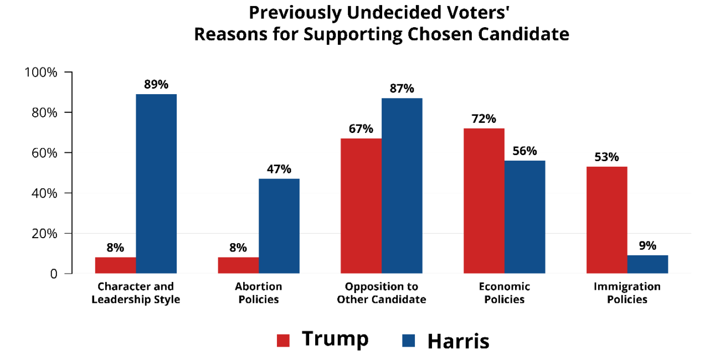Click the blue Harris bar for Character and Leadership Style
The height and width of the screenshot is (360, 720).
pyautogui.click(x=156, y=183)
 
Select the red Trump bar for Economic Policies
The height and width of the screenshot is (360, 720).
pyautogui.click(x=484, y=200)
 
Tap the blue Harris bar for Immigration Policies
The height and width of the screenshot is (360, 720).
pyautogui.click(x=647, y=264)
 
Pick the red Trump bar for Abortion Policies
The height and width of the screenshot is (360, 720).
pyautogui.click(x=238, y=265)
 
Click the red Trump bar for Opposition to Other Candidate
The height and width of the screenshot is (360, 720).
pyautogui.click(x=361, y=205)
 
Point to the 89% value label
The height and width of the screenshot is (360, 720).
pyautogui.click(x=156, y=85)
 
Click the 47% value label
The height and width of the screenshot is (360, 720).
pyautogui.click(x=279, y=169)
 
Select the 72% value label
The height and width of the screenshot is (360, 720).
pyautogui.click(x=484, y=119)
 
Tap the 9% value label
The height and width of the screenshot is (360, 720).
pyautogui.click(x=647, y=245)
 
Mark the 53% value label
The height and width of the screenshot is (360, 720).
pyautogui.click(x=606, y=157)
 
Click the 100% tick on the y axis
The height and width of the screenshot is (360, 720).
pyautogui.click(x=41, y=73)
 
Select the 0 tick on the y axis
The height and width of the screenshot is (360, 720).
pyautogui.click(x=54, y=274)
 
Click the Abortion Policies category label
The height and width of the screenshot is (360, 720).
pyautogui.click(x=258, y=293)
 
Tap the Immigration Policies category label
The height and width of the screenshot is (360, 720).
pyautogui.click(x=627, y=293)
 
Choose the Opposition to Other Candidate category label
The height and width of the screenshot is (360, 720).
pyautogui.click(x=381, y=293)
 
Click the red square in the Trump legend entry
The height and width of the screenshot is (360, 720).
pyautogui.click(x=283, y=341)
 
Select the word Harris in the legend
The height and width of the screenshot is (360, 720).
pyautogui.click(x=458, y=341)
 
